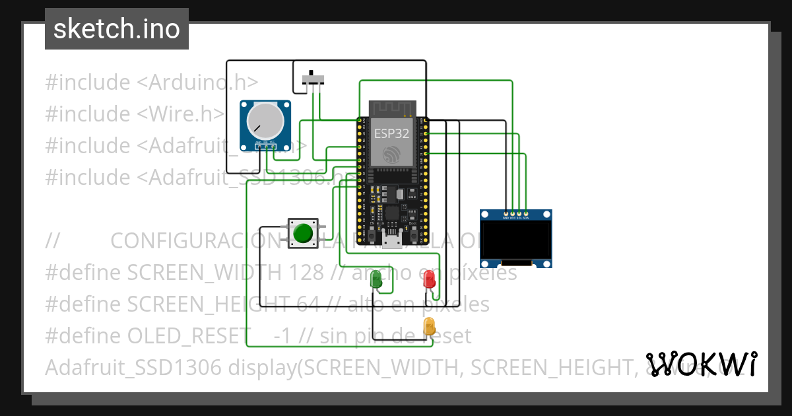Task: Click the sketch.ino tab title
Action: click(x=117, y=29)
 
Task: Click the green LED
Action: click(x=376, y=280)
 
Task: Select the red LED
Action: click(x=429, y=279)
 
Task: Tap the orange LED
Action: click(x=429, y=326)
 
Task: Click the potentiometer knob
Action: click(x=265, y=122)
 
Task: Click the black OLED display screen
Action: click(x=515, y=240)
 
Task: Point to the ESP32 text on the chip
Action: click(x=391, y=133)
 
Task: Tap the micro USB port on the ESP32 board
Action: click(x=392, y=241)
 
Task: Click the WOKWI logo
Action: click(x=702, y=364)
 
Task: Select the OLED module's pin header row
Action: click(x=515, y=214)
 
